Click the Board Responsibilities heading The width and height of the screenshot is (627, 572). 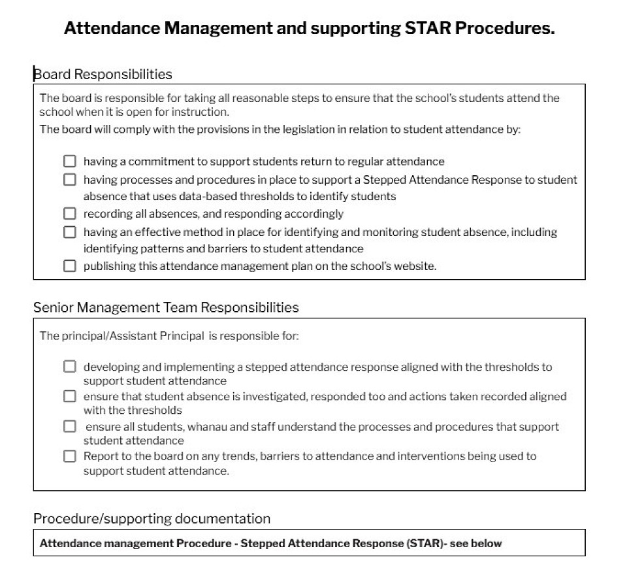click(103, 74)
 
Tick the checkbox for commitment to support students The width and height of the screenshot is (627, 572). click(70, 161)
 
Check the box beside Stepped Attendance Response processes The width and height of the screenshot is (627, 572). click(70, 179)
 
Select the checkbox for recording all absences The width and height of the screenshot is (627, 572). click(70, 213)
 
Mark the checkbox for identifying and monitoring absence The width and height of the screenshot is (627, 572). click(70, 231)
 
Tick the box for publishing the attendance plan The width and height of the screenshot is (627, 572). click(70, 266)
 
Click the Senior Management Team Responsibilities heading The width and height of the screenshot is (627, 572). click(166, 307)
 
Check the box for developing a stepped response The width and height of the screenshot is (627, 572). click(70, 367)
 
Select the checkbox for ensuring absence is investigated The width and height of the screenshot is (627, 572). click(70, 396)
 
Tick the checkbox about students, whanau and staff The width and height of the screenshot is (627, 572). click(70, 426)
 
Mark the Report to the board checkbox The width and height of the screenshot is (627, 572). click(70, 456)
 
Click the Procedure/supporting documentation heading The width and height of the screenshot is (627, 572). click(152, 518)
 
